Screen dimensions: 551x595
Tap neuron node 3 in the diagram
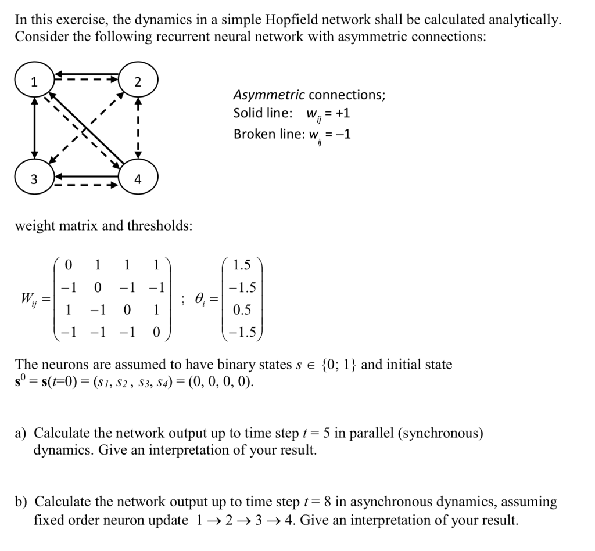[34, 179]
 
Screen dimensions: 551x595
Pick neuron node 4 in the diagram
[137, 179]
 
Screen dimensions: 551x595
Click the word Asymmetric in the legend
[268, 95]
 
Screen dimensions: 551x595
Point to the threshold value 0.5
[242, 310]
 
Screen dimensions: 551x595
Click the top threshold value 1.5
[242, 265]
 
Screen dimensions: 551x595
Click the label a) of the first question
[21, 434]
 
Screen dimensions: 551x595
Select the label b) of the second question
[22, 502]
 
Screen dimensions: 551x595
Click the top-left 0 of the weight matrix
[69, 265]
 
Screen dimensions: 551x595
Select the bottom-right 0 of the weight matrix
[155, 333]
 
